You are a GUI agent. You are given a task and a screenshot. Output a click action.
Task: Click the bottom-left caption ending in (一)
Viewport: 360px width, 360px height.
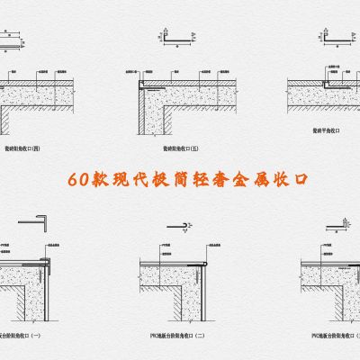pyautogui.click(x=25, y=335)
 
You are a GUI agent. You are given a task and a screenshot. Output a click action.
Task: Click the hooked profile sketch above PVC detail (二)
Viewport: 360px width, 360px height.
pyautogui.click(x=181, y=220)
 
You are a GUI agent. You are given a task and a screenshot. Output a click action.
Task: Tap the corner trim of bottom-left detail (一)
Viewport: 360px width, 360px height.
pyautogui.click(x=51, y=261)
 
